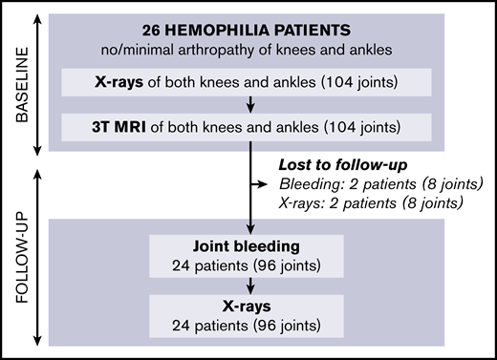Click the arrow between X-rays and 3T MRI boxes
click(x=248, y=103)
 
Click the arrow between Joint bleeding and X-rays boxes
click(x=248, y=284)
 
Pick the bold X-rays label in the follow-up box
click(x=248, y=305)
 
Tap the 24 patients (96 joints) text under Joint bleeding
click(x=248, y=263)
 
